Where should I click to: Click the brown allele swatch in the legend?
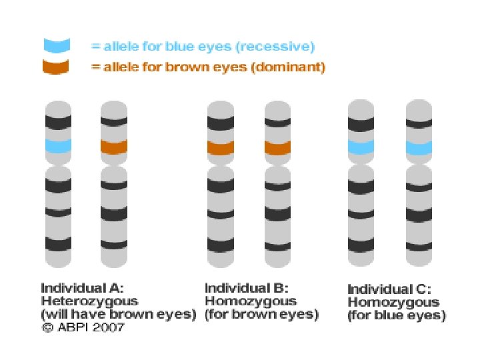pos(57,67)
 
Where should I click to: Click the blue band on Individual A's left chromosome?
pos(58,145)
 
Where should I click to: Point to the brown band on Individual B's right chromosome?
pos(278,147)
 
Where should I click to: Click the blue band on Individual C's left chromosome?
pos(362,147)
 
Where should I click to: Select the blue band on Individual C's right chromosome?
pos(420,147)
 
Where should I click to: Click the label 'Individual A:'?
pos(82,289)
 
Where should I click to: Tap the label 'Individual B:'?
pos(246,289)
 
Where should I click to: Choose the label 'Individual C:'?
pos(389,290)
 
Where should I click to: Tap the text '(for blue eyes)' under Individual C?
pos(396,315)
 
